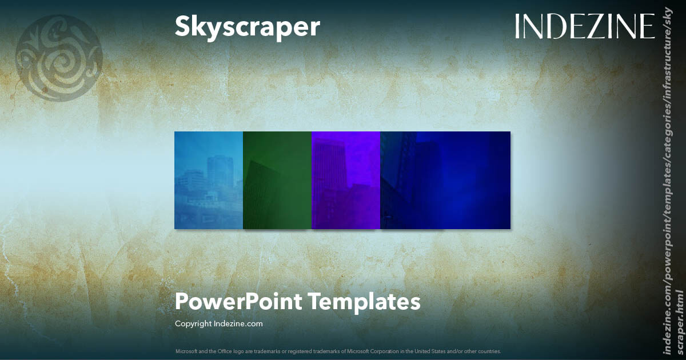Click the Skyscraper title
click(x=247, y=27)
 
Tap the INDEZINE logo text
click(x=584, y=27)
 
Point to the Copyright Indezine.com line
click(x=218, y=323)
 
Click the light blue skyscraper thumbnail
click(x=209, y=180)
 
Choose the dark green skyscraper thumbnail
click(x=277, y=180)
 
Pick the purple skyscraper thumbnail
click(x=346, y=180)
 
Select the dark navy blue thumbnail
click(x=445, y=180)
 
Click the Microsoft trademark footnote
click(x=338, y=351)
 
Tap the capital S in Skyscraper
click(x=183, y=27)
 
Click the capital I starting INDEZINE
click(x=518, y=27)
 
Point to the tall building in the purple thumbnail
click(x=330, y=163)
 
